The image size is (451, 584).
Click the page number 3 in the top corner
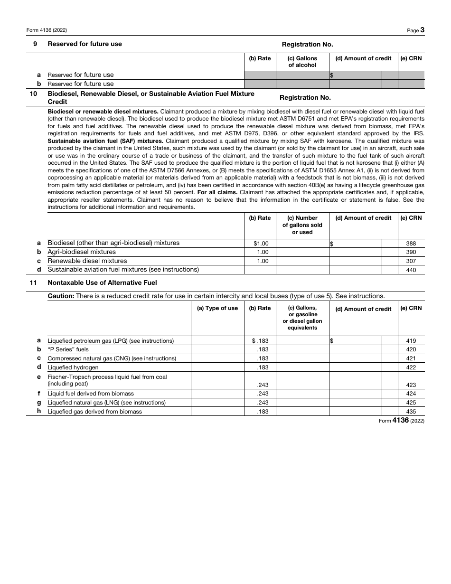422,30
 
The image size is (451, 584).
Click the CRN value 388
411,244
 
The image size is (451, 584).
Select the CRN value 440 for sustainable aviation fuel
411,270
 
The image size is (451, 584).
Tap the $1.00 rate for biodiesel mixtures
261,244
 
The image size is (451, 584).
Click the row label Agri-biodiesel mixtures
82,252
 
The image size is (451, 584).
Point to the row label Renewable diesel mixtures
87,261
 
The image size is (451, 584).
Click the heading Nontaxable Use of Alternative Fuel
102,283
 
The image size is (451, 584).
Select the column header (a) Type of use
217,308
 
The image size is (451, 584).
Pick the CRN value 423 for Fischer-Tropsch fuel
411,385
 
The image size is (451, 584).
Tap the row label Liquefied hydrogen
73,367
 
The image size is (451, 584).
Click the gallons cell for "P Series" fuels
302,349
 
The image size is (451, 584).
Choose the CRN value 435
411,412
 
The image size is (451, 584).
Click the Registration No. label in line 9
307,44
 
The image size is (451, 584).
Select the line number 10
33,94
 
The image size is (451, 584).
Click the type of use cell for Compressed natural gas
217,358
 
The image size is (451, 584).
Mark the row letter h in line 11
39,411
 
